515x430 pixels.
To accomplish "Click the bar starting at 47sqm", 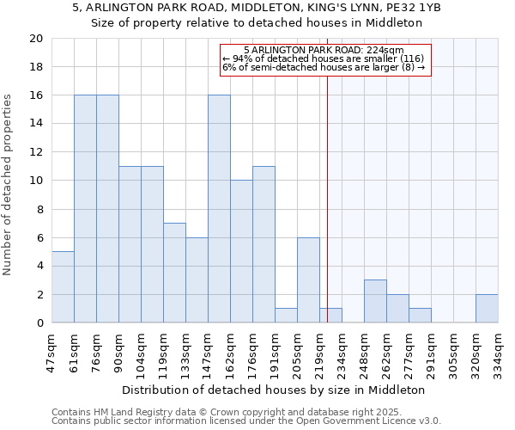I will pyautogui.click(x=63, y=287).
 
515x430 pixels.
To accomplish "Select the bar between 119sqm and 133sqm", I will pyautogui.click(x=174, y=273).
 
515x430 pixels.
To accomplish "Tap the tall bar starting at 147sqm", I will pyautogui.click(x=219, y=209).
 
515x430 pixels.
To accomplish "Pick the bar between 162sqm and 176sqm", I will pyautogui.click(x=241, y=251).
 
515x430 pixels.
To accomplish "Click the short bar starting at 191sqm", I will pyautogui.click(x=286, y=316).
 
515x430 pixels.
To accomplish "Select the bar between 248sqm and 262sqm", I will pyautogui.click(x=375, y=301).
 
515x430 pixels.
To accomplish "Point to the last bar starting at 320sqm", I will pyautogui.click(x=487, y=309).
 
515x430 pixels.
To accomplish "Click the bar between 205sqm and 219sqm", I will pyautogui.click(x=308, y=280).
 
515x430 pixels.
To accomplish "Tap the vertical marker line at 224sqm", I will pyautogui.click(x=327, y=198).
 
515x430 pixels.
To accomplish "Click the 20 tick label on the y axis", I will pyautogui.click(x=35, y=39).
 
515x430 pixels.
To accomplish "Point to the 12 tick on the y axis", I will pyautogui.click(x=35, y=152).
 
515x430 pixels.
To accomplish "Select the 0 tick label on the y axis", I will pyautogui.click(x=39, y=323).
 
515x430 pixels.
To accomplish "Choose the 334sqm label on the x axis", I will pyautogui.click(x=498, y=348).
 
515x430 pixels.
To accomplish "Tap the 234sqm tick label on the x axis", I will pyautogui.click(x=342, y=348).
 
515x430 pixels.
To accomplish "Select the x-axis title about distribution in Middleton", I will pyautogui.click(x=275, y=390).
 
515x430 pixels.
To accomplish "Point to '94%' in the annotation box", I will pyautogui.click(x=240, y=58).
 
